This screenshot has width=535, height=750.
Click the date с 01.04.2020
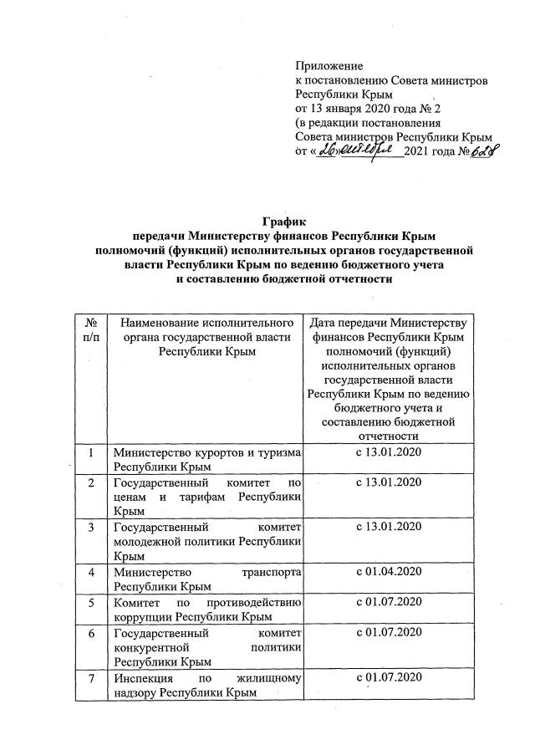click(390, 571)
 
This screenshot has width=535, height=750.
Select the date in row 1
click(390, 452)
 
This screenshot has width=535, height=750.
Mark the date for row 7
click(390, 676)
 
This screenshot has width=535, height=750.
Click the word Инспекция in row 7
click(144, 676)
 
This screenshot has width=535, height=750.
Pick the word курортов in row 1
click(209, 453)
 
